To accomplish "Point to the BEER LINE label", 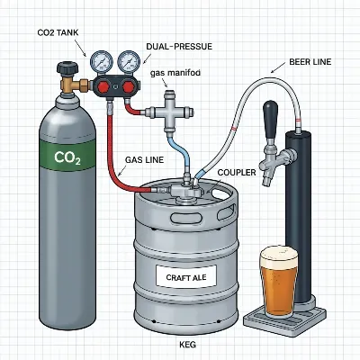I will (312, 62).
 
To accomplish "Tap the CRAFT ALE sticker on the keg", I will (187, 278).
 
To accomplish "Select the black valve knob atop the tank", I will (67, 68).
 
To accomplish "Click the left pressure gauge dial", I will (101, 62).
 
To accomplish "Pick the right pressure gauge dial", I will (129, 62).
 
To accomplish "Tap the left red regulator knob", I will (101, 88).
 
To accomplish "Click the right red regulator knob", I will (128, 88).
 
